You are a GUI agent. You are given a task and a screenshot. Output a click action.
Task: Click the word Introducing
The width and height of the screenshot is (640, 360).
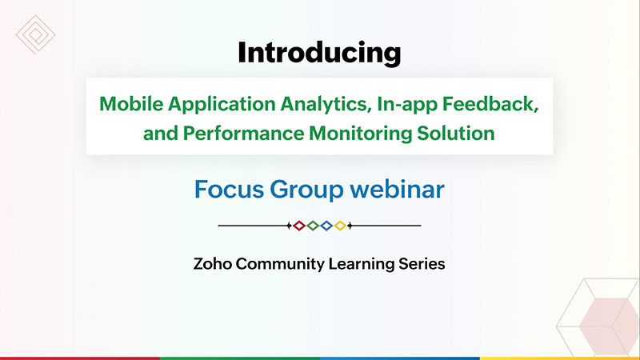319,53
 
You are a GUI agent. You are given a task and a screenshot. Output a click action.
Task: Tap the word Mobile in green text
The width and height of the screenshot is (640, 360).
131,104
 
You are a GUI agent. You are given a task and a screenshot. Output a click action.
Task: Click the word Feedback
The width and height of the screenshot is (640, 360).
490,104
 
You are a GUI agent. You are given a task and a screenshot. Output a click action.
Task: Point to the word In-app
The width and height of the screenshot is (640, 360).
407,105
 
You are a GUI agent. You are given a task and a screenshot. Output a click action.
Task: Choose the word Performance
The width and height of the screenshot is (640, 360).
243,134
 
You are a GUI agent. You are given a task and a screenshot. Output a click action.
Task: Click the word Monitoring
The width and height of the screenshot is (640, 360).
361,134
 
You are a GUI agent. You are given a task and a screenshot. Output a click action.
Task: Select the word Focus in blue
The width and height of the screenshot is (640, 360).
229,190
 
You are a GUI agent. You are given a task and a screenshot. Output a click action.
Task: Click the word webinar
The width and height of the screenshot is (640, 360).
397,190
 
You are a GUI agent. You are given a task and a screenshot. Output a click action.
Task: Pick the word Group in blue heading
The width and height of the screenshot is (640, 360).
306,190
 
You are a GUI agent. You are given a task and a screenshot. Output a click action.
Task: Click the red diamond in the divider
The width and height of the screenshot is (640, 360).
299,226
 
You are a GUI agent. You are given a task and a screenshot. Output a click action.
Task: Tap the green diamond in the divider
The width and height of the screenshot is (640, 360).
313,226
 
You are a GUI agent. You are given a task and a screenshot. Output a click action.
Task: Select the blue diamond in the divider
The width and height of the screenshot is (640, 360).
326,226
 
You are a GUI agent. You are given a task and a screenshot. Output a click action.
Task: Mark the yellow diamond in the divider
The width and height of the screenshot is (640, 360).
340,226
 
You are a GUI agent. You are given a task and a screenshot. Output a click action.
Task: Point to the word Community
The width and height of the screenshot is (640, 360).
280,265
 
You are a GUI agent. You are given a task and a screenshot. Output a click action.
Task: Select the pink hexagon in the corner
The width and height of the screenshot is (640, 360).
609,326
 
